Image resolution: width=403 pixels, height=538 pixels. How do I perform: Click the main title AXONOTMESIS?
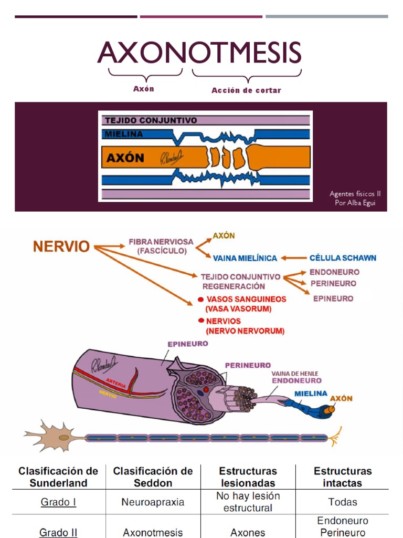click(x=199, y=53)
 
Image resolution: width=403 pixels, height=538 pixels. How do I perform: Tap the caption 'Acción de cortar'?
click(x=246, y=90)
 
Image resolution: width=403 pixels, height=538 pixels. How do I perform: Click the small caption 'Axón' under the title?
click(x=144, y=89)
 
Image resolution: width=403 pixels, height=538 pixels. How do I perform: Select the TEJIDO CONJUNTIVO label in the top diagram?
click(x=151, y=120)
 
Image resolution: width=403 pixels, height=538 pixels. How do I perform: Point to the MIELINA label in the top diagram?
click(x=124, y=134)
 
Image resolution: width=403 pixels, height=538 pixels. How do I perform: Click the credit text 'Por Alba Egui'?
click(x=355, y=203)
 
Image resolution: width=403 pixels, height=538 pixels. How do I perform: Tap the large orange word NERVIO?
click(x=61, y=246)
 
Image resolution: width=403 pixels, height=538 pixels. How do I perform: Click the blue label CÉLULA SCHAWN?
click(x=343, y=258)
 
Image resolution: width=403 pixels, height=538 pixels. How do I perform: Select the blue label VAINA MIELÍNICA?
click(x=245, y=258)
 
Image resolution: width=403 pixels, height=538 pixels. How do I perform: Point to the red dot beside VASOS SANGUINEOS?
click(x=200, y=299)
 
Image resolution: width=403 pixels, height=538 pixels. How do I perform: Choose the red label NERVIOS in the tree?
click(x=224, y=321)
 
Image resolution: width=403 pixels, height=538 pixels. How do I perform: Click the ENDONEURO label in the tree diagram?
click(x=334, y=272)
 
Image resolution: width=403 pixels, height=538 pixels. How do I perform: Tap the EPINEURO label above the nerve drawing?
click(x=187, y=344)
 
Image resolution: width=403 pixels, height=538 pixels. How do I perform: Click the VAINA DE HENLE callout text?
click(x=294, y=374)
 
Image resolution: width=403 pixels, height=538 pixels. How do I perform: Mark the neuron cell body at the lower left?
click(x=62, y=437)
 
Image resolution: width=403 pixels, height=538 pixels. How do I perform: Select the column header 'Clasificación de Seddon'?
click(x=153, y=477)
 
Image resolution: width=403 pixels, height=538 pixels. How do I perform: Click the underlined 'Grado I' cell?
click(x=58, y=502)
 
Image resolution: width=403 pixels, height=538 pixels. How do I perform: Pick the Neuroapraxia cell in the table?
click(x=153, y=502)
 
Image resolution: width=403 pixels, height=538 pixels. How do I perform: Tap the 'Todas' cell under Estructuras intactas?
click(x=342, y=502)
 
